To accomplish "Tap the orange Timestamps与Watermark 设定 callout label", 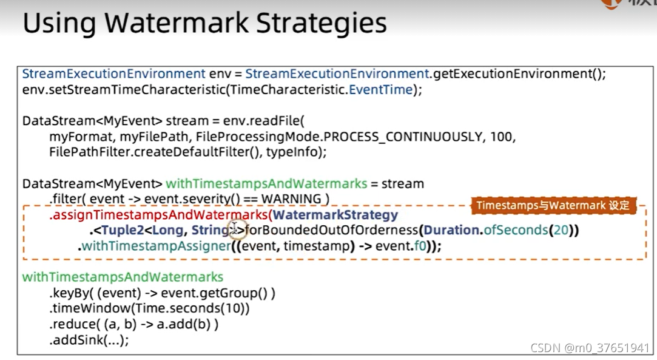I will tap(553, 205).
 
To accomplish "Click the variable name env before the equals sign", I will tap(220, 74).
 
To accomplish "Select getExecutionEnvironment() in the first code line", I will tap(519, 74).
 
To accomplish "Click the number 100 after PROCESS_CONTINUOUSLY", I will tap(502, 137).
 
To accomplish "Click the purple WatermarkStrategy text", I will tap(336, 215).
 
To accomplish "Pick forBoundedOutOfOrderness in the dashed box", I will tap(331, 230).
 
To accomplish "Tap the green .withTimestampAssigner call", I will tap(154, 246).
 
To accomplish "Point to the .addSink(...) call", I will tap(89, 340).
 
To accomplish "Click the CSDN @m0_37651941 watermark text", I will tap(589, 348).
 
